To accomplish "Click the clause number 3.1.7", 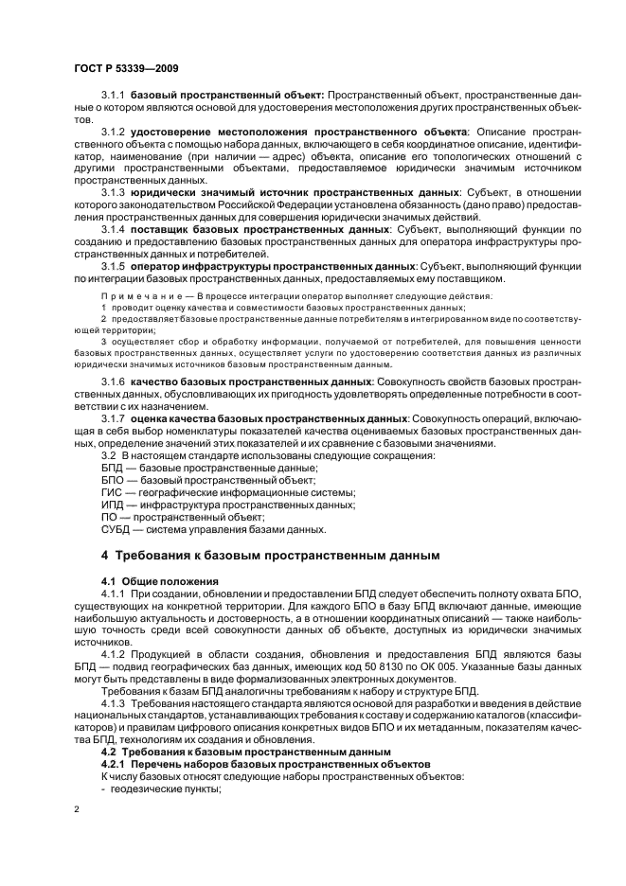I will (114, 416).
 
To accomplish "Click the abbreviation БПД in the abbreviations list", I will (113, 468).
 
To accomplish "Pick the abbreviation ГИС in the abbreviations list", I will (112, 492).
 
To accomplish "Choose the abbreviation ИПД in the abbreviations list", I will (113, 505).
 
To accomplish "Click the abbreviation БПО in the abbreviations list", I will (113, 480).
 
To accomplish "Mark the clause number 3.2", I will (109, 455).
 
